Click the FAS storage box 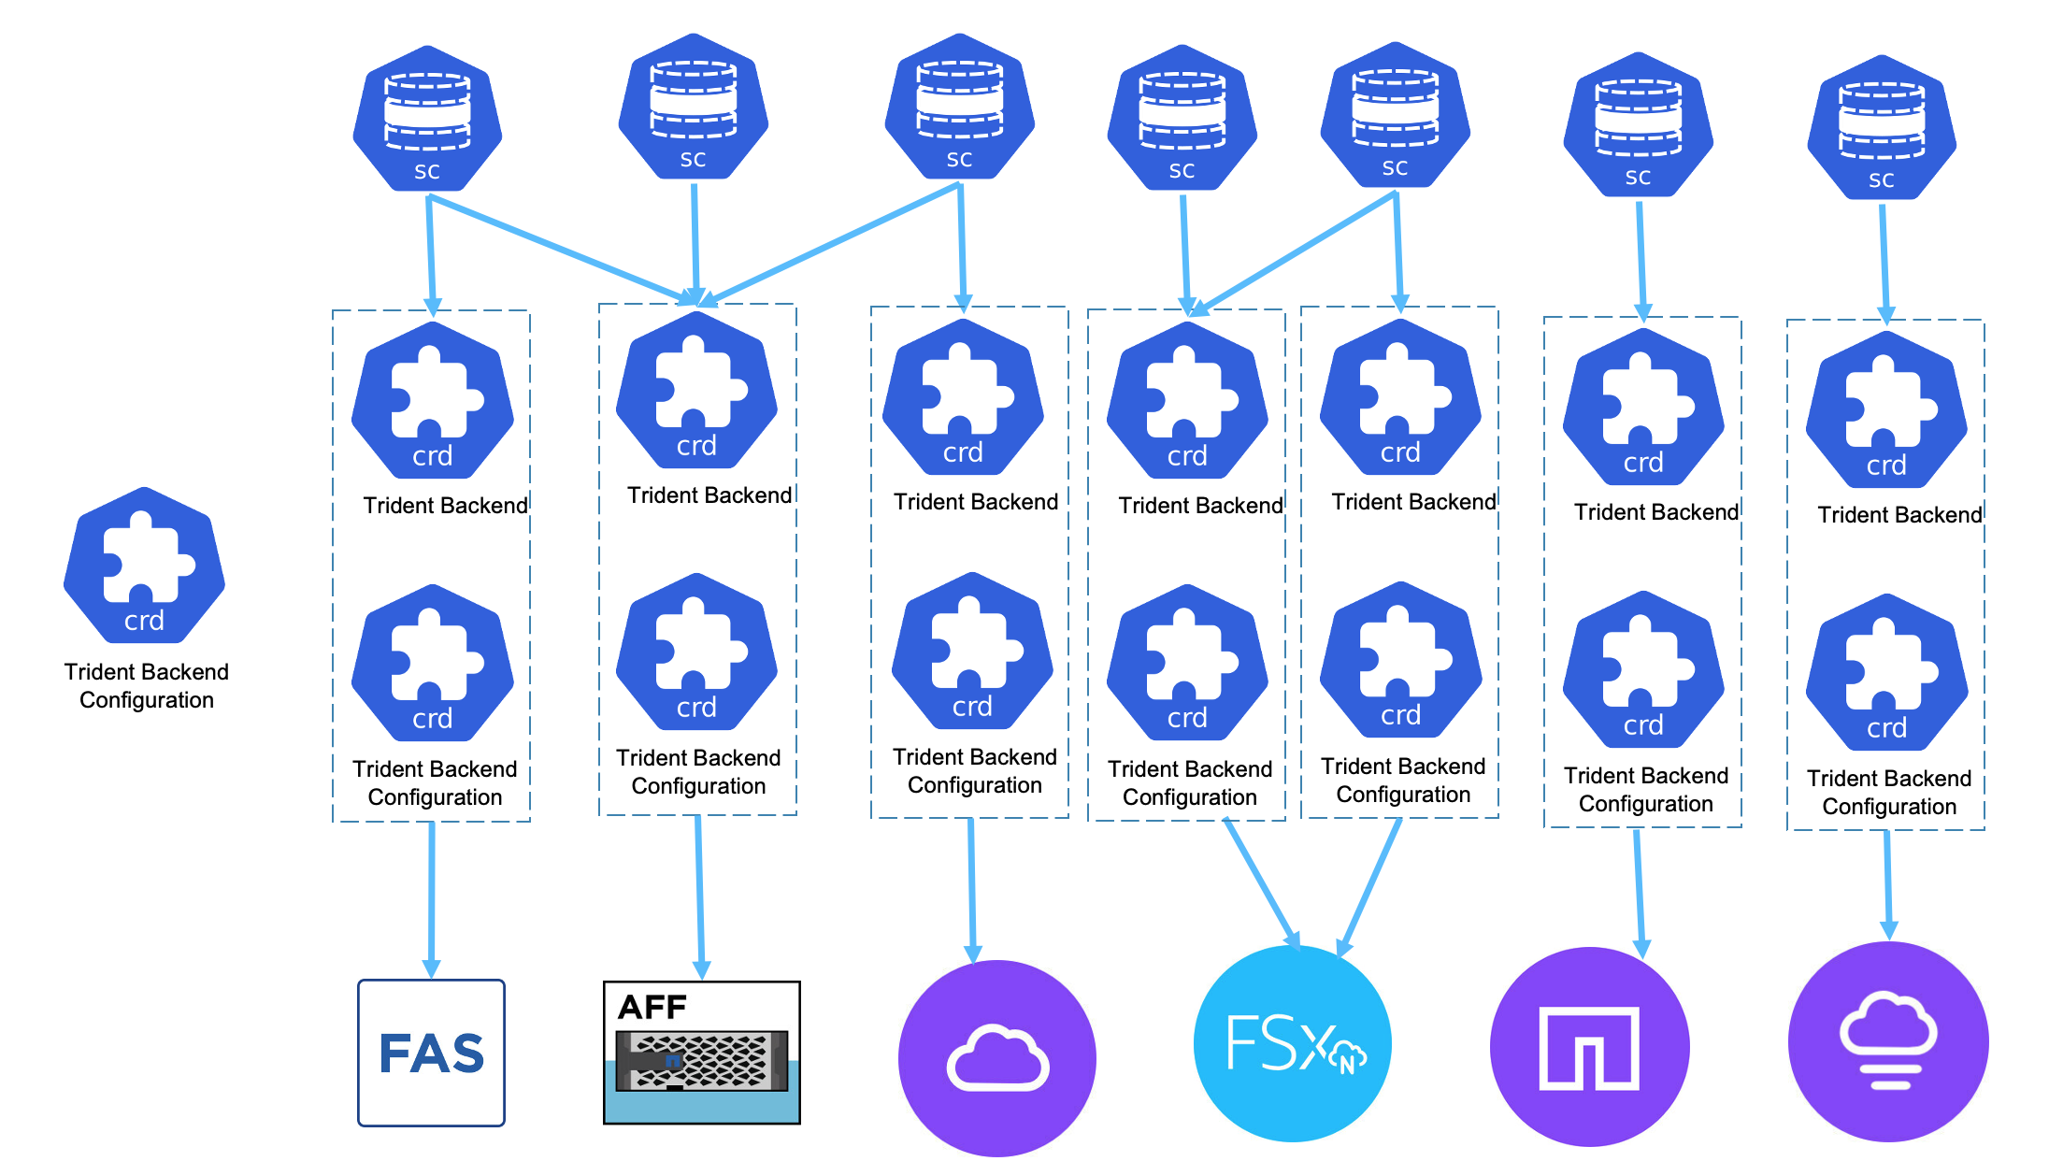pos(431,1053)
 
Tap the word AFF pos(652,1007)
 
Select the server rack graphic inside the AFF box pos(701,1061)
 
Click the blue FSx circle pos(1292,1043)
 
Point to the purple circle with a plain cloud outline pos(996,1057)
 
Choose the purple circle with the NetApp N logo pos(1589,1047)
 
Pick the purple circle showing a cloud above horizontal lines pos(1887,1042)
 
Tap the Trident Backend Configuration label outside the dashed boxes pos(146,686)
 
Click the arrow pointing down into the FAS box pos(431,897)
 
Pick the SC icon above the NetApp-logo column pos(1638,124)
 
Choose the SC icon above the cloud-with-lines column pos(1881,127)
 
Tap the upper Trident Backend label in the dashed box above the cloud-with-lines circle pos(1899,514)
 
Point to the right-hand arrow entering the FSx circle pos(1372,884)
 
